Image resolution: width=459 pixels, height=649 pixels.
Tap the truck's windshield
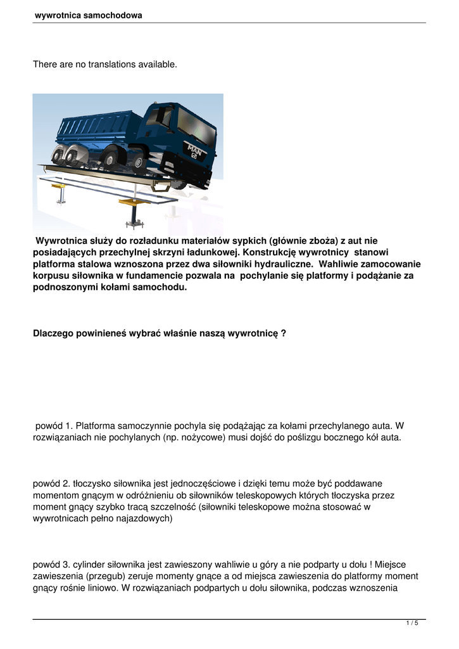[x=194, y=124]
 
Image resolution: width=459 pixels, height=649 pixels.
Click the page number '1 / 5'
[x=412, y=623]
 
